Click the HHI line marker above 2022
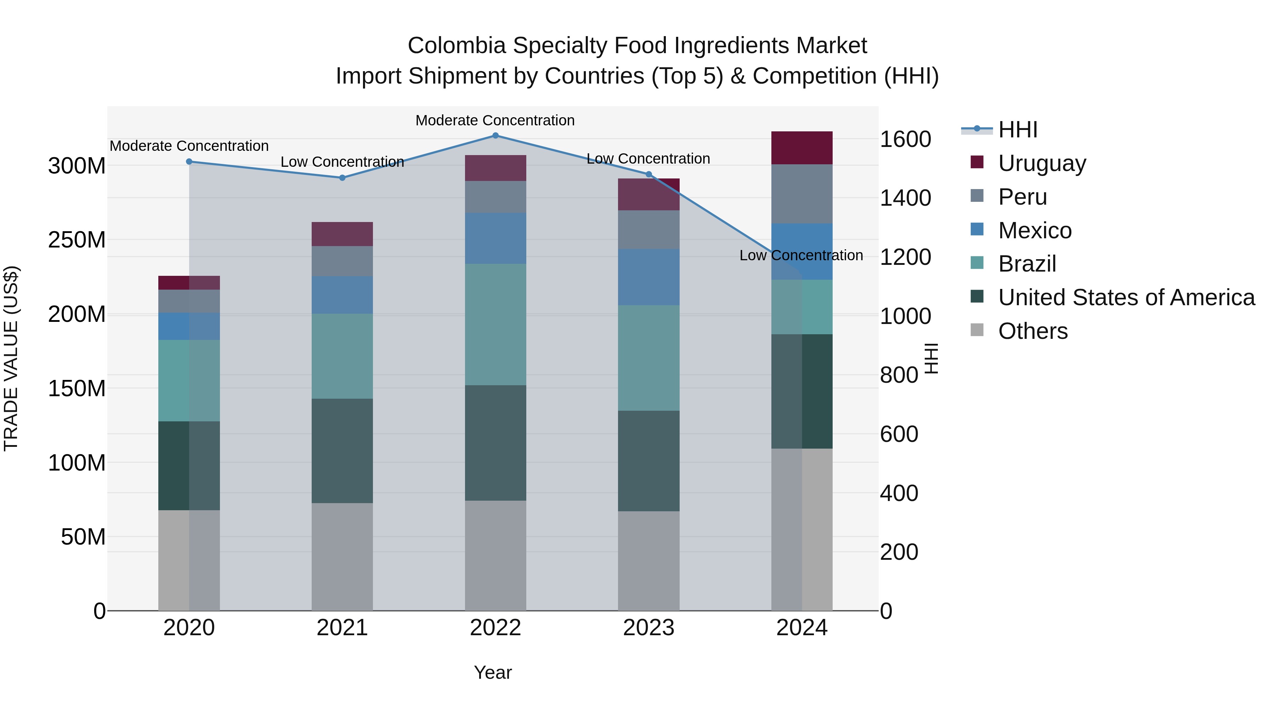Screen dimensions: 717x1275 495,136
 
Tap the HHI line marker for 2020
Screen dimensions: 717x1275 189,161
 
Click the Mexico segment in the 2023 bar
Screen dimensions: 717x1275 648,277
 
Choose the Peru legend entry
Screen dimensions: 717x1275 1022,197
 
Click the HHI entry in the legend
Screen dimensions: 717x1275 1017,130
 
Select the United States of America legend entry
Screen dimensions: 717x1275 1126,297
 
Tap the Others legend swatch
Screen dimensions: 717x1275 977,330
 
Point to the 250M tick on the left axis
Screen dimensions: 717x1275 77,240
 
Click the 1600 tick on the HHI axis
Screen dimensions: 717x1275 905,139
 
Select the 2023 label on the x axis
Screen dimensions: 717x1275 648,628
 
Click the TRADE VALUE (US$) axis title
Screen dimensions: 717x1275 11,358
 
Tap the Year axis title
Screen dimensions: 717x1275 493,672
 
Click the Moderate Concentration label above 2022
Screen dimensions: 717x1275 495,120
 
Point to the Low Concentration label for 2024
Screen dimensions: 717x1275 801,255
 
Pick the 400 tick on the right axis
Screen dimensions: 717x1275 899,493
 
